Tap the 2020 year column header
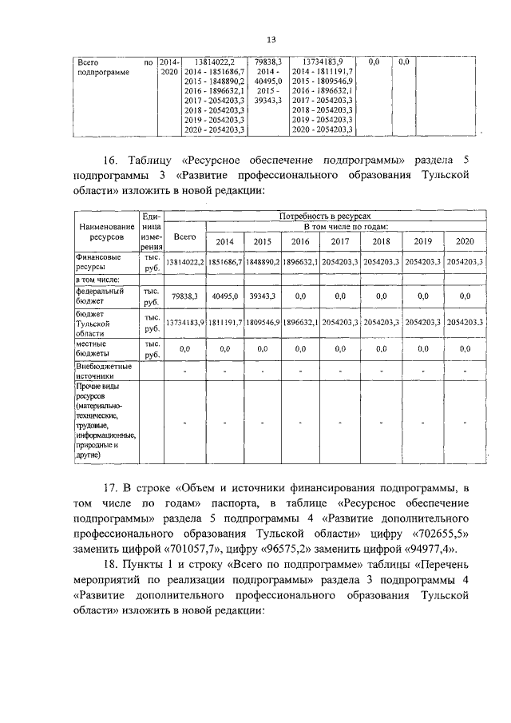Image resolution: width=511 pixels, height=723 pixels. pos(465,241)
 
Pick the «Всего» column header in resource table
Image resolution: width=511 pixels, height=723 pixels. pos(185,236)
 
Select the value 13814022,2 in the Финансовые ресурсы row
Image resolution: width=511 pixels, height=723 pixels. pos(185,262)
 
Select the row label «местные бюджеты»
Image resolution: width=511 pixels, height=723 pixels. pos(98,348)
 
